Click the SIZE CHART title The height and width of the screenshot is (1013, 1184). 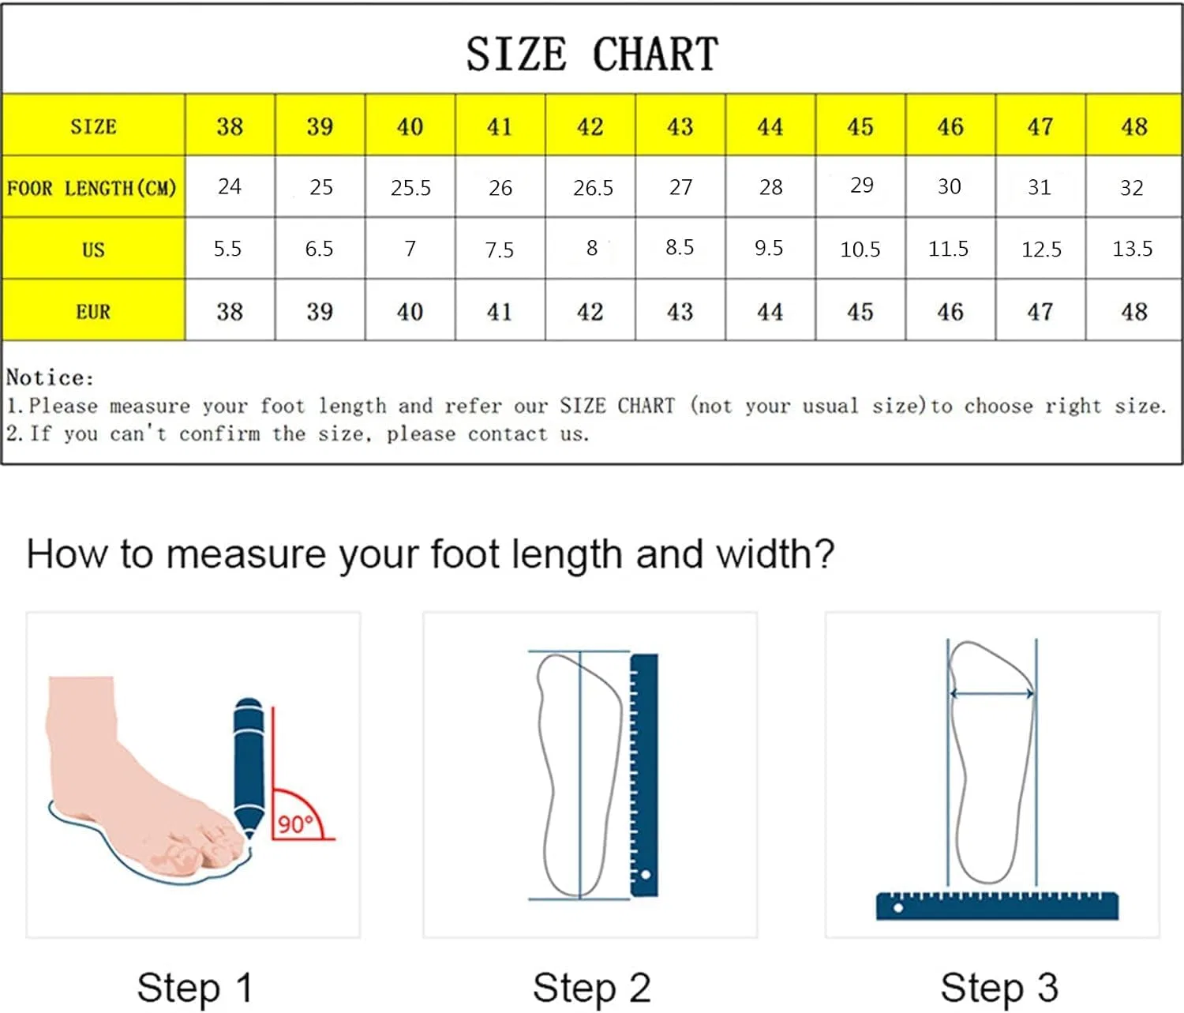(592, 54)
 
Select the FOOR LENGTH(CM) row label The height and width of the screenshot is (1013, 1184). (92, 187)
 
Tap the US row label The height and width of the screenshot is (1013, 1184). (93, 249)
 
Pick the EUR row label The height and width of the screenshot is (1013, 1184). (93, 312)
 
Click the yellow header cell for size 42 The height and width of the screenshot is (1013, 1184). (590, 125)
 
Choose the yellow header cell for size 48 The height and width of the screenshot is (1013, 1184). (1133, 125)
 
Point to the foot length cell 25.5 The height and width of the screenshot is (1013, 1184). (410, 187)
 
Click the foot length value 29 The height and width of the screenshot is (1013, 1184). (861, 185)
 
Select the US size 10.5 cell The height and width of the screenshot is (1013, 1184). (860, 249)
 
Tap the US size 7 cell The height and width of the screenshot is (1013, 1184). (410, 249)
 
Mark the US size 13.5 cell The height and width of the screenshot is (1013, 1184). (1133, 249)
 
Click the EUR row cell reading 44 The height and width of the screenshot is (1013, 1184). (770, 311)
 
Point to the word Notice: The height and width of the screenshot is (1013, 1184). (50, 377)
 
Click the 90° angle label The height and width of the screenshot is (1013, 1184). (295, 824)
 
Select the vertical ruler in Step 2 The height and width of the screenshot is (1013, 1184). (644, 775)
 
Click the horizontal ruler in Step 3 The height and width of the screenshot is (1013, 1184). (997, 906)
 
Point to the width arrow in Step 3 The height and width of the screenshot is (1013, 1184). (992, 694)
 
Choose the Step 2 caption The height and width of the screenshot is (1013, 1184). (592, 988)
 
